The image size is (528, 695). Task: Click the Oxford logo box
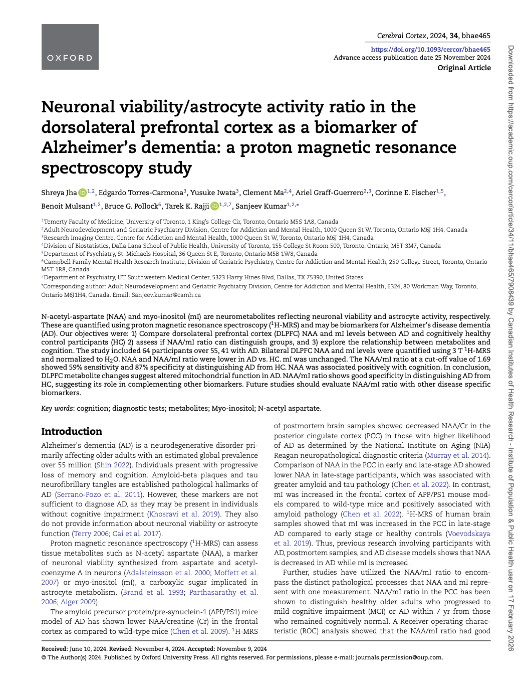click(x=70, y=47)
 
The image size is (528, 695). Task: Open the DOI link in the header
click(x=430, y=49)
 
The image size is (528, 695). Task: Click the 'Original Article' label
click(x=464, y=68)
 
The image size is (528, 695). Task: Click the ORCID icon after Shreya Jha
click(x=82, y=193)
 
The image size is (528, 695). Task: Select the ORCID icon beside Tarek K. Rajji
click(x=214, y=206)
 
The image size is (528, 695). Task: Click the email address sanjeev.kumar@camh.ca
click(x=166, y=295)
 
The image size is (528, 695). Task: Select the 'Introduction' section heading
click(x=72, y=431)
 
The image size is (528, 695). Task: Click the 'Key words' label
click(x=57, y=408)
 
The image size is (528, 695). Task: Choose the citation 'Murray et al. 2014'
click(x=457, y=455)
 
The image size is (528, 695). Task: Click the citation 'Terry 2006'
click(x=91, y=534)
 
